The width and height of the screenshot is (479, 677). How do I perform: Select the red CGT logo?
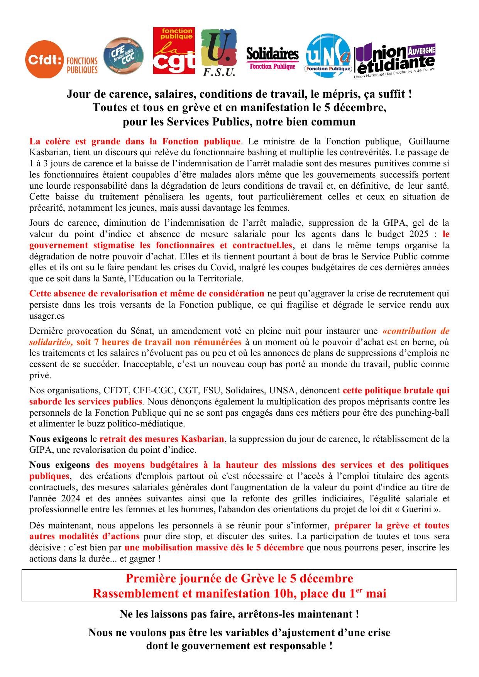pyautogui.click(x=174, y=51)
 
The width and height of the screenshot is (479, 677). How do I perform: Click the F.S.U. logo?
pyautogui.click(x=219, y=53)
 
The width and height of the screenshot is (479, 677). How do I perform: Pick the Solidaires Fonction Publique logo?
pyautogui.click(x=273, y=58)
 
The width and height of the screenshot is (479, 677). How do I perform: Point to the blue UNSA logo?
pyautogui.click(x=328, y=56)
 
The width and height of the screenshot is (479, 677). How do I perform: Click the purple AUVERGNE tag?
pyautogui.click(x=421, y=51)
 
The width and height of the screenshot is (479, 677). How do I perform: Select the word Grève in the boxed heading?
pyautogui.click(x=256, y=579)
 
